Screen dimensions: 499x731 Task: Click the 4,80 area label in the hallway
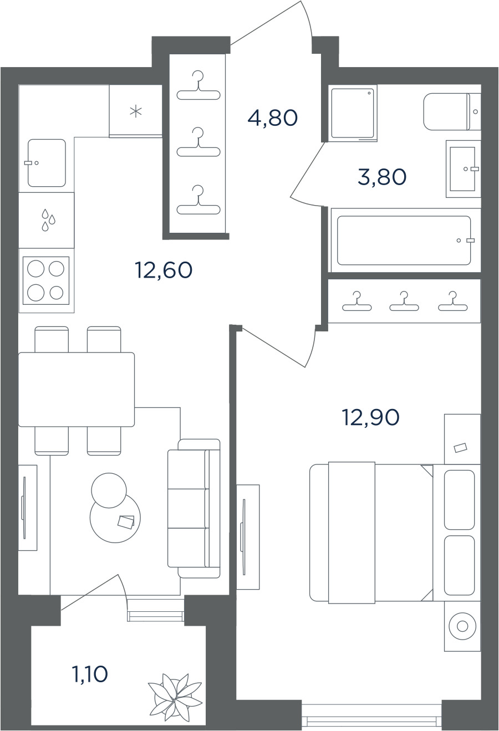click(273, 118)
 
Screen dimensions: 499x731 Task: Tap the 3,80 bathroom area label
click(382, 177)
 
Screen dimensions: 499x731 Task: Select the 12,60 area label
click(164, 270)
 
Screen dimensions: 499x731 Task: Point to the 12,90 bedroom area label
click(371, 417)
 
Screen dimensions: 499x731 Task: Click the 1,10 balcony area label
click(89, 674)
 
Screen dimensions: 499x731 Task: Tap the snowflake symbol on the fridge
click(136, 112)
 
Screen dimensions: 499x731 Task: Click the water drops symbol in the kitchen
click(48, 220)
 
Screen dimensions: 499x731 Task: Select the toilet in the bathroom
click(452, 111)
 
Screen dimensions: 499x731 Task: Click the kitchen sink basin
click(47, 163)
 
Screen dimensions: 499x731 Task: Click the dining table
click(77, 389)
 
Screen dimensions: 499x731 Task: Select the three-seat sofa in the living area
click(194, 508)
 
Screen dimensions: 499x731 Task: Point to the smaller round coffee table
click(109, 490)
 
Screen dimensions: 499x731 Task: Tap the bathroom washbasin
click(464, 168)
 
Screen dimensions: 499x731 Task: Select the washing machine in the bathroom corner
click(353, 113)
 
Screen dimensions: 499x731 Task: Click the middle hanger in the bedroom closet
click(404, 301)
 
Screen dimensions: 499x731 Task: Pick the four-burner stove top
click(45, 281)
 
